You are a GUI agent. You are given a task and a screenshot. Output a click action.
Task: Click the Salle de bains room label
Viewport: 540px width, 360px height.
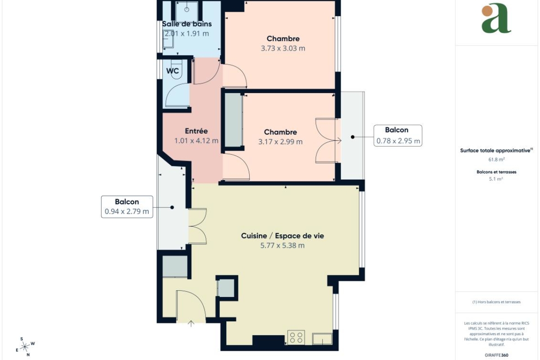[187, 24]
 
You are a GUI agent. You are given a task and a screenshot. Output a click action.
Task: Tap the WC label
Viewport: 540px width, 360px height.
[173, 71]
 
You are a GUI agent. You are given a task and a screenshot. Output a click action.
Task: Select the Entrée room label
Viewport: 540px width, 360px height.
[196, 131]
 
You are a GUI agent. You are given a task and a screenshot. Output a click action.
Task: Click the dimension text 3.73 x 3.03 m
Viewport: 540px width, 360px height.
[283, 48]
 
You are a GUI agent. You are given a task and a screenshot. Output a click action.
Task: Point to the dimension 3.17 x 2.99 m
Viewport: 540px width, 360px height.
[280, 142]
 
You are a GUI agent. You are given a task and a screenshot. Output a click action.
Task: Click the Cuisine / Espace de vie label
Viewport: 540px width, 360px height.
[283, 236]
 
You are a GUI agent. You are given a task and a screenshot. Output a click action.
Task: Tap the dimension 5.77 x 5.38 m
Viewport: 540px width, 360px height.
[283, 245]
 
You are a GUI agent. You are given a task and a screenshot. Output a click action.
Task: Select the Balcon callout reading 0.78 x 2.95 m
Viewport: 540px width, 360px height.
[398, 135]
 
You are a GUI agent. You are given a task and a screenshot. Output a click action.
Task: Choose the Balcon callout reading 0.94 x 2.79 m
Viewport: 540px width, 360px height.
[127, 207]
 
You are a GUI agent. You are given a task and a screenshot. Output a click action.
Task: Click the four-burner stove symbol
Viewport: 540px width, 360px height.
[296, 337]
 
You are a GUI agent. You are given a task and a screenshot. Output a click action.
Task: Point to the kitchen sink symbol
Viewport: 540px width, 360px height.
[322, 338]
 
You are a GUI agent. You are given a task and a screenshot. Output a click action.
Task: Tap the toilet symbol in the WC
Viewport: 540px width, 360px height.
[176, 69]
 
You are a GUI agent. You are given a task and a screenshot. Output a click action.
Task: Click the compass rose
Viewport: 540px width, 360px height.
[25, 347]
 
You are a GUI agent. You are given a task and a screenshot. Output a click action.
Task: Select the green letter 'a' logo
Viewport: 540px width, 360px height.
[496, 18]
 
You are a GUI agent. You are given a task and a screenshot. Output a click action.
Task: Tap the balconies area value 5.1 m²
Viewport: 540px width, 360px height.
[496, 179]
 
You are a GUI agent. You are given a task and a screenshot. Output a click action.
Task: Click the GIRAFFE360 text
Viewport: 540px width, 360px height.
[496, 355]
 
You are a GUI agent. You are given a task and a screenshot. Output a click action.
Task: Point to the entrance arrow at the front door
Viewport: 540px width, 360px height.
[191, 324]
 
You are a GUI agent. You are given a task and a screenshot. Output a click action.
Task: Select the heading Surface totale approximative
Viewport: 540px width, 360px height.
[495, 151]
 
